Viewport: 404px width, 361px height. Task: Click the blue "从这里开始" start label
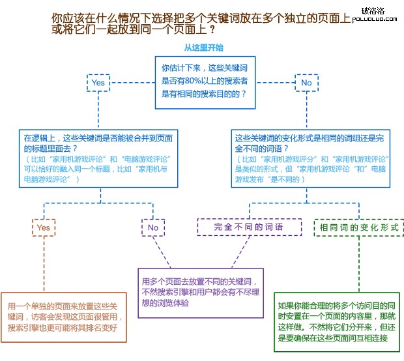(203, 48)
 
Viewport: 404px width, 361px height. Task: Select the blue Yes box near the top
(98, 83)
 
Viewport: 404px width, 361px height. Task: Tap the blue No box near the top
(307, 83)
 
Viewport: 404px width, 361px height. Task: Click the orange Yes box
(44, 227)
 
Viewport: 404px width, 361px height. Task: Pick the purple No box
(153, 227)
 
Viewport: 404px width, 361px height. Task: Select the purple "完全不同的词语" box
(250, 227)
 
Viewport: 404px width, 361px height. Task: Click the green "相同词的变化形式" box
(359, 227)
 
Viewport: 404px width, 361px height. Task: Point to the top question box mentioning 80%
(205, 83)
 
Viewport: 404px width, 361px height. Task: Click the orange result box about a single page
(64, 317)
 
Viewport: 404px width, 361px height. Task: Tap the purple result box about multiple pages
(201, 293)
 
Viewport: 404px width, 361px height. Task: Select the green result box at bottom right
(337, 322)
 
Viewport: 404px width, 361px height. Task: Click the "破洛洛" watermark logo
(373, 11)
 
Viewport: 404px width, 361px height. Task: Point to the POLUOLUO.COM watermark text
(375, 19)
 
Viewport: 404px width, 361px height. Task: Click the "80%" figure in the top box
(192, 81)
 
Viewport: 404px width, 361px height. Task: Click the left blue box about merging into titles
(98, 158)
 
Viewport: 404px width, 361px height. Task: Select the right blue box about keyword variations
(310, 158)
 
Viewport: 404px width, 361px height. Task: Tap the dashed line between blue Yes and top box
(132, 83)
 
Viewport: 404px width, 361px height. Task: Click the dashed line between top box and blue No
(275, 83)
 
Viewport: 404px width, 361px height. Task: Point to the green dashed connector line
(359, 264)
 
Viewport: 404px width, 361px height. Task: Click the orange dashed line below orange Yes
(44, 264)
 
